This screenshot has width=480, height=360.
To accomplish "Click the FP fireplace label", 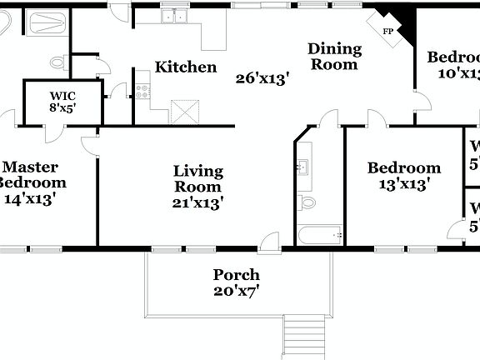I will (x=387, y=32).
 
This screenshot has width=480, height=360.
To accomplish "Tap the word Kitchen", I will (x=186, y=67).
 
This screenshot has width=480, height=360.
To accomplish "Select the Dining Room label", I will (x=333, y=56).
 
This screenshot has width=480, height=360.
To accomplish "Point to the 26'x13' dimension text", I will (x=262, y=79).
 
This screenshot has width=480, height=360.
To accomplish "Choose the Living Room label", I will (x=197, y=179).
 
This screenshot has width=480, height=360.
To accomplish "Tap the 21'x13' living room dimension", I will (x=197, y=202).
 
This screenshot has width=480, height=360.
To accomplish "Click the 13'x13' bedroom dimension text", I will (x=404, y=185).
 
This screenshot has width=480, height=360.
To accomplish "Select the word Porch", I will (x=236, y=275).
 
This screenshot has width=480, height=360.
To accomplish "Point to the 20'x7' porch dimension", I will (x=236, y=292).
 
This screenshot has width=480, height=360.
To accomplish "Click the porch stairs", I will (x=302, y=337).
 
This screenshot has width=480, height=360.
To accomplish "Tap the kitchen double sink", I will (x=176, y=15).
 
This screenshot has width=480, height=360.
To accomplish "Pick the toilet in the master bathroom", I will (x=58, y=62).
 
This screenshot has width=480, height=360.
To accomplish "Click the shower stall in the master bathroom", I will (x=47, y=22).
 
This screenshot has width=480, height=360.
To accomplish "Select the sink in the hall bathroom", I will (x=304, y=167).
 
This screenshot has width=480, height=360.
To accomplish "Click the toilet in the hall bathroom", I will (x=307, y=202).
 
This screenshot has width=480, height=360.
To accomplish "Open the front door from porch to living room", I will (x=270, y=243).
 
